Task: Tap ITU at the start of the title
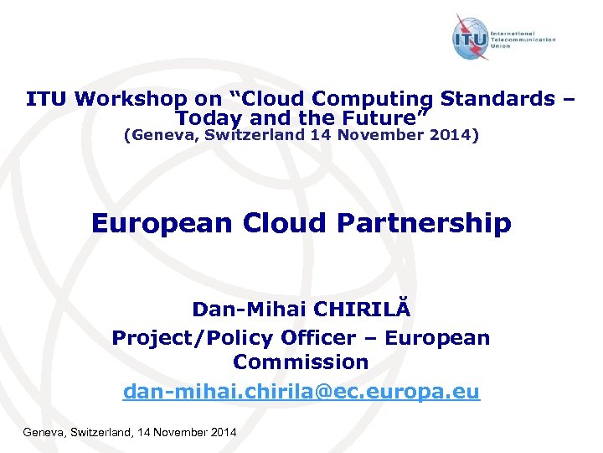47,99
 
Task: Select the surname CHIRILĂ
365,310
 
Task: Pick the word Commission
301,362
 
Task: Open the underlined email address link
301,392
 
